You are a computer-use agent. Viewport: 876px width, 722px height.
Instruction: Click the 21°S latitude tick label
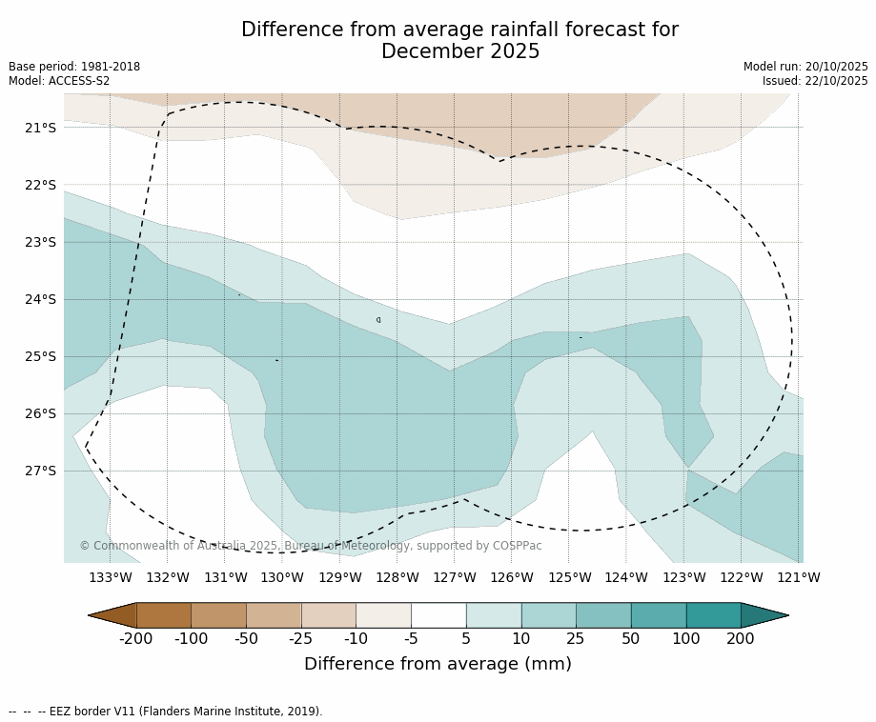tap(40, 128)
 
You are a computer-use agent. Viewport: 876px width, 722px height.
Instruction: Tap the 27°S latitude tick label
tap(40, 471)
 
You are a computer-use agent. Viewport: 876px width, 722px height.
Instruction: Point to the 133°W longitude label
tap(111, 577)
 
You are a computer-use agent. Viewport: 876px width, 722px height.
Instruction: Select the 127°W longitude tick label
tap(455, 577)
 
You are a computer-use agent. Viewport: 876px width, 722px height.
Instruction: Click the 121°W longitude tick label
tap(798, 577)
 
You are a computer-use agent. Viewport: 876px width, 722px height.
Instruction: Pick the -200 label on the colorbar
tap(136, 638)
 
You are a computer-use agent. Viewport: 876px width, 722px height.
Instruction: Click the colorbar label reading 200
tap(741, 638)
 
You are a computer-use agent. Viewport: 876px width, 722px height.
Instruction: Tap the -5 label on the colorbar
tap(411, 638)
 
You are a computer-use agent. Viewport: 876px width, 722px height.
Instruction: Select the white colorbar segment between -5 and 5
tap(438, 615)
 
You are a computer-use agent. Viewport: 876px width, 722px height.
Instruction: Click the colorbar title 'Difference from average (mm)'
tap(438, 664)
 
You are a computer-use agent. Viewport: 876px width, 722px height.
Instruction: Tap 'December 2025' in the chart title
tap(460, 51)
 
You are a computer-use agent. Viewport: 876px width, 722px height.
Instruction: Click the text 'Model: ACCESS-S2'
tap(59, 81)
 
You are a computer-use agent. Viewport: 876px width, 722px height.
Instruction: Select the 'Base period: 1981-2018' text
tap(74, 67)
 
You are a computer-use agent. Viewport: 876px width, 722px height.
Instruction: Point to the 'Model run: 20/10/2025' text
tap(805, 67)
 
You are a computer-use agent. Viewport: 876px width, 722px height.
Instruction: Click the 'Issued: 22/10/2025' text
tap(815, 81)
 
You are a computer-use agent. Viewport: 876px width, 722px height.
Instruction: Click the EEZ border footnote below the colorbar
tap(166, 711)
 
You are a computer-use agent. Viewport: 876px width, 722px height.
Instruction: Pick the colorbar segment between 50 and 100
tap(659, 615)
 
